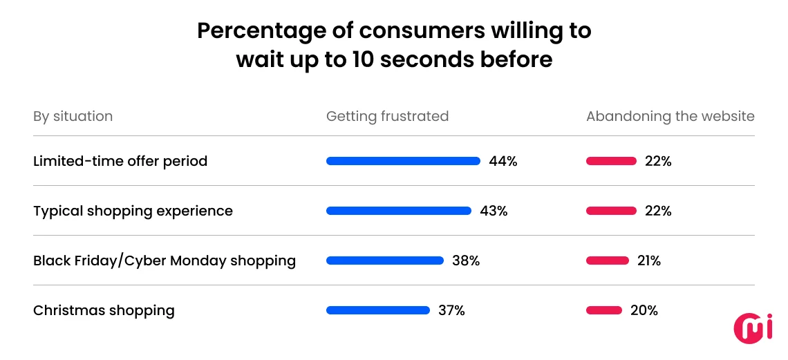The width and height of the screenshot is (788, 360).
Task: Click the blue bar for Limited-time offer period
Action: (403, 161)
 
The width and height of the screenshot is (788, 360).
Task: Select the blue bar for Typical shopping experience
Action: (399, 211)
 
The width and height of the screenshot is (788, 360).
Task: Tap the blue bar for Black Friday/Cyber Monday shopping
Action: (385, 260)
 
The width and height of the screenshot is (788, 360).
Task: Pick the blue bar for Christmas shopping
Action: (378, 310)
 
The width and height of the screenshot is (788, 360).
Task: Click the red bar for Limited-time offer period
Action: (611, 161)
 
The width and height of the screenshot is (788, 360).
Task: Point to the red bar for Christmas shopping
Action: (603, 310)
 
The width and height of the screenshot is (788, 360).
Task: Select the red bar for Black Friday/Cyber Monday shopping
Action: (608, 260)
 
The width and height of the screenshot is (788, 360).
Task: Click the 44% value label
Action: (503, 161)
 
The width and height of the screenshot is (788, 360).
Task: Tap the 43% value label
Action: (494, 211)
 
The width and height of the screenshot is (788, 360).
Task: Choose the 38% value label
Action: (466, 260)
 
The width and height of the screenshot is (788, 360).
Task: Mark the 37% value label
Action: (451, 310)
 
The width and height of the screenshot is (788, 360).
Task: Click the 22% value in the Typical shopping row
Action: (657, 211)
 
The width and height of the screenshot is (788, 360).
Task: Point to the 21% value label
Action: (647, 260)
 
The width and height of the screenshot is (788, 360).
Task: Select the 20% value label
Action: (644, 310)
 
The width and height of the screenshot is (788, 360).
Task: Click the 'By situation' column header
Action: (73, 116)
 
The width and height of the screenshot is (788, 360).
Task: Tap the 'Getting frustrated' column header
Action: (387, 116)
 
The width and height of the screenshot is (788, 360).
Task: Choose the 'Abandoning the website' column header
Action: (670, 116)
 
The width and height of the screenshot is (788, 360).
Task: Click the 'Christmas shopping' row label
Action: (104, 310)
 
